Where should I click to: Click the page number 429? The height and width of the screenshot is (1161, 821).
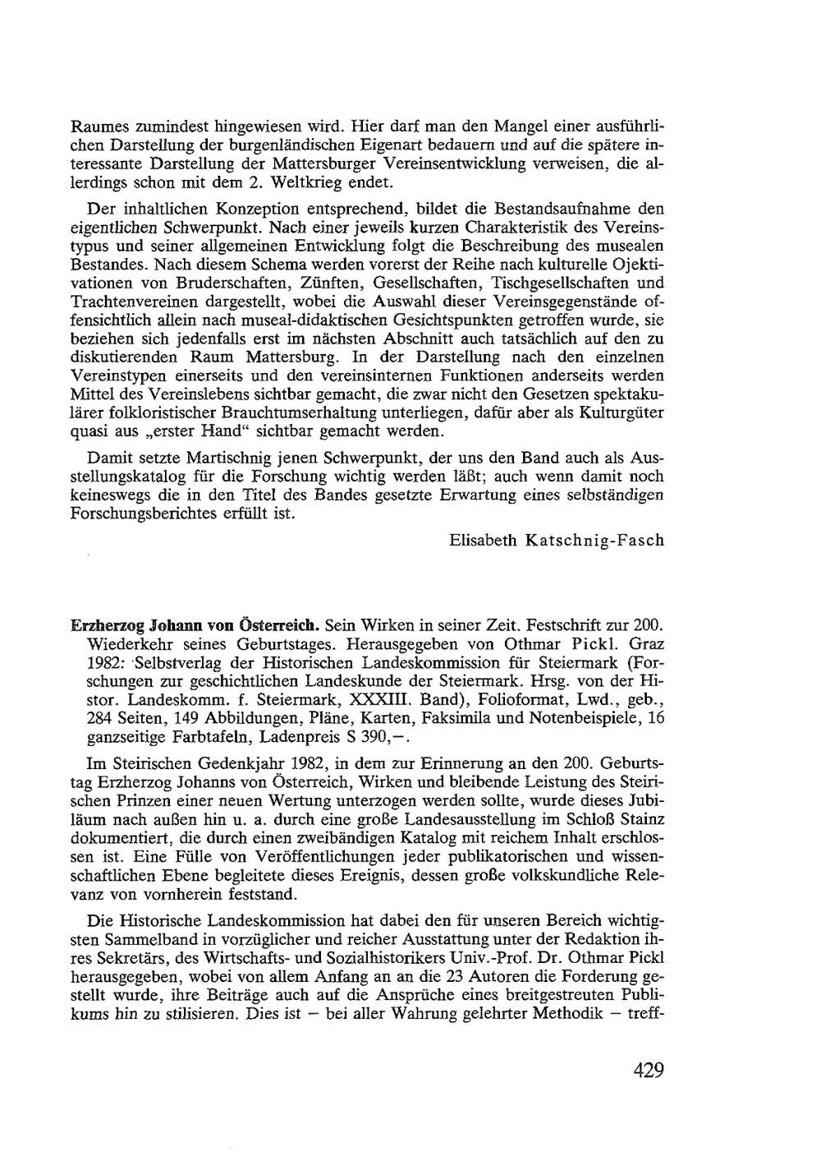[x=648, y=1071]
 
